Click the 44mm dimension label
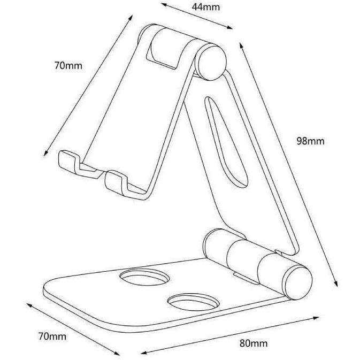[206, 7]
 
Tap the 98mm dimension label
[310, 141]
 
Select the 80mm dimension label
[254, 343]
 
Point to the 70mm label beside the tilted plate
[68, 66]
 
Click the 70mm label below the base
[52, 336]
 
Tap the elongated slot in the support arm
[226, 142]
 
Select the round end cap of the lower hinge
[298, 282]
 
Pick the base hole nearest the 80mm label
[193, 302]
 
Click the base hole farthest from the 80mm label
[144, 277]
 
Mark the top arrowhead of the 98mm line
[242, 45]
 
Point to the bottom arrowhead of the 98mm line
[335, 284]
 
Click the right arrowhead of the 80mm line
[316, 318]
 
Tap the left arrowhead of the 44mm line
[164, 5]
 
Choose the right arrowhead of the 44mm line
[229, 27]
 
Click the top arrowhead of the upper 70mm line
[131, 18]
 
